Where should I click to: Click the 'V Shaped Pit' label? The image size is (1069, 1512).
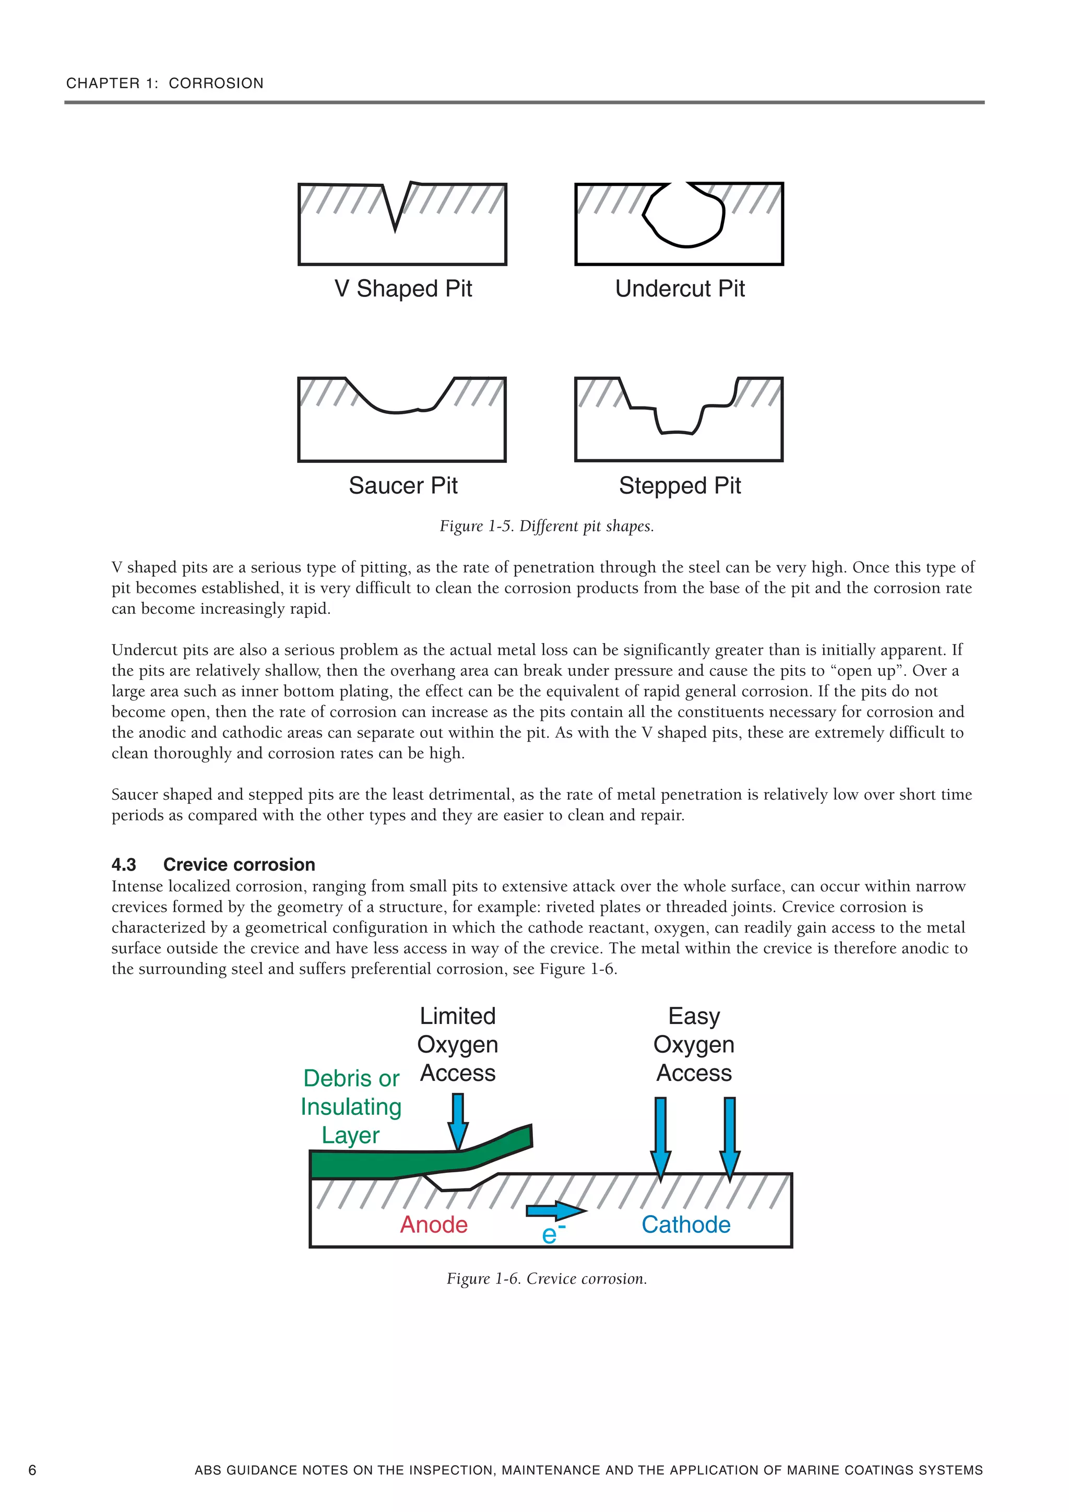point(403,289)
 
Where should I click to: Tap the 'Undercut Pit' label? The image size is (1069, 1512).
point(680,289)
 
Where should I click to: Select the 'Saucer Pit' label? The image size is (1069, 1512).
point(403,485)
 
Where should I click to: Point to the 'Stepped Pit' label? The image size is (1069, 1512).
point(680,485)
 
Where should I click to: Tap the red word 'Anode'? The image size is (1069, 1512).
point(434,1225)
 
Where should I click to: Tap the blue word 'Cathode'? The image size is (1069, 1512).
point(686,1225)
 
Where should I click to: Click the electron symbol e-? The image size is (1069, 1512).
point(552,1235)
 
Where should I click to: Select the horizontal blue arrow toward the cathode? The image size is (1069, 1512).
point(555,1210)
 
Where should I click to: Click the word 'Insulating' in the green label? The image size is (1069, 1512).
point(351,1107)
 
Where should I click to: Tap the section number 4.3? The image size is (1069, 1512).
point(124,865)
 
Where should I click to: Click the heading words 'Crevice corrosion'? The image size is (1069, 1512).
point(239,865)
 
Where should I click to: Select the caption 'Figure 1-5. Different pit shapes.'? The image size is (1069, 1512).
point(547,526)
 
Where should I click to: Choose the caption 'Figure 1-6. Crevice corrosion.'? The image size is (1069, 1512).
point(547,1279)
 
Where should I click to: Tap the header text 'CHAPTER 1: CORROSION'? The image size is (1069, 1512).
point(164,83)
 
